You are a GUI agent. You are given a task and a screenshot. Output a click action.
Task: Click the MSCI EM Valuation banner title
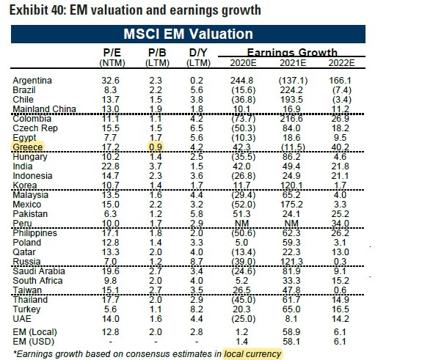[188, 34]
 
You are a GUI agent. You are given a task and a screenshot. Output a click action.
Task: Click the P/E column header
[112, 53]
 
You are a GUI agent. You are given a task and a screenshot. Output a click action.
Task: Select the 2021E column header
[293, 63]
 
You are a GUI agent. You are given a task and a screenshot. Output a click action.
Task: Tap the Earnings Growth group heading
[292, 52]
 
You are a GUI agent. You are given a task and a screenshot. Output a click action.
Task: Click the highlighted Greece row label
[28, 147]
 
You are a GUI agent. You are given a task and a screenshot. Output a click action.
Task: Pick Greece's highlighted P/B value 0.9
[156, 147]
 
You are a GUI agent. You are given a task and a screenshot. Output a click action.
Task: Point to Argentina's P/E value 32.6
[110, 81]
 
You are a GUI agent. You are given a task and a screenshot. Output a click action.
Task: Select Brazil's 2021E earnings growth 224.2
[292, 90]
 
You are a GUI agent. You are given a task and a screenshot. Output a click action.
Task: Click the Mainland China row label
[45, 109]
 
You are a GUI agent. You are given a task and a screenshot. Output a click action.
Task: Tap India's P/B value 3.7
[156, 166]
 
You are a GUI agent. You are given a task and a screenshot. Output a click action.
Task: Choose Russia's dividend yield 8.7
[197, 261]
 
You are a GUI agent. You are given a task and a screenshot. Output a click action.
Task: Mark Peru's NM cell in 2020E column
[242, 223]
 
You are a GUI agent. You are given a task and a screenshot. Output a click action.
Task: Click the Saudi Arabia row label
[39, 271]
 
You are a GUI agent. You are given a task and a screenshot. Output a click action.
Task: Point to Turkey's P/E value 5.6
[110, 309]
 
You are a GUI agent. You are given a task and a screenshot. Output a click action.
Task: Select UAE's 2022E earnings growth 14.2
[341, 319]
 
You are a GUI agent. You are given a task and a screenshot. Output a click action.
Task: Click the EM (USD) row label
[33, 342]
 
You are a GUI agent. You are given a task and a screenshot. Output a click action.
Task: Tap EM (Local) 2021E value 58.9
[292, 331]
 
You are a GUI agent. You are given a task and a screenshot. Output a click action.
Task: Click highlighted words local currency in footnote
[252, 354]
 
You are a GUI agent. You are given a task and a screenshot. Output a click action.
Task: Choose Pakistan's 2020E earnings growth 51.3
[241, 214]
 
